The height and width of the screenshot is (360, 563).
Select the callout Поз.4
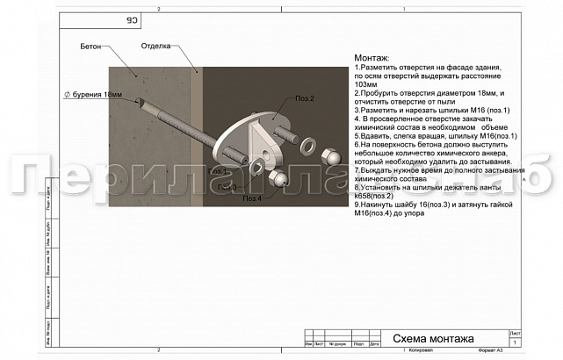point(252,198)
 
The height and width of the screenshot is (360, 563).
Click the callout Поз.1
point(219,172)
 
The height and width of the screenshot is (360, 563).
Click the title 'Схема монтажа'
point(433,339)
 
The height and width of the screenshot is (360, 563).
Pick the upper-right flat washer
point(308,142)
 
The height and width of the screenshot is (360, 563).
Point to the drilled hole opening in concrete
point(138,101)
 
